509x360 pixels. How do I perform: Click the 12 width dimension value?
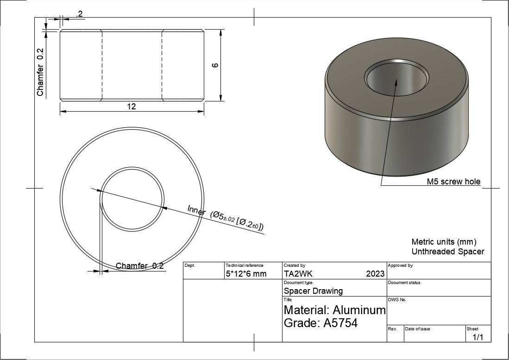tap(132, 107)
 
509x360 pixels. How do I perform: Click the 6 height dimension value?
tap(214, 65)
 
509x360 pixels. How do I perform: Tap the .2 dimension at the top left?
tap(79, 14)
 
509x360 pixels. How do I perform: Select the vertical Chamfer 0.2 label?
tap(40, 72)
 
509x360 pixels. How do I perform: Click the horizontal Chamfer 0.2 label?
tap(139, 266)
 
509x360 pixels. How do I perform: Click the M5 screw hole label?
tap(453, 182)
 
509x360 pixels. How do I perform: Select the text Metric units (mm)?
tap(443, 242)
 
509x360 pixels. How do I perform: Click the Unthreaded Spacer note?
tap(447, 252)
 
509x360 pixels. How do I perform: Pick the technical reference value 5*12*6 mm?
tap(246, 274)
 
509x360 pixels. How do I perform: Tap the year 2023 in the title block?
tap(375, 274)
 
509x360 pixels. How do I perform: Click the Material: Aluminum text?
tap(334, 309)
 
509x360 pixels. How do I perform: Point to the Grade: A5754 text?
tap(320, 323)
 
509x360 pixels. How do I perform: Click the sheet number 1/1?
tap(478, 338)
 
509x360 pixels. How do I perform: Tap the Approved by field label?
tap(400, 265)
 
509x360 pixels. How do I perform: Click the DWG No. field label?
tap(396, 300)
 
